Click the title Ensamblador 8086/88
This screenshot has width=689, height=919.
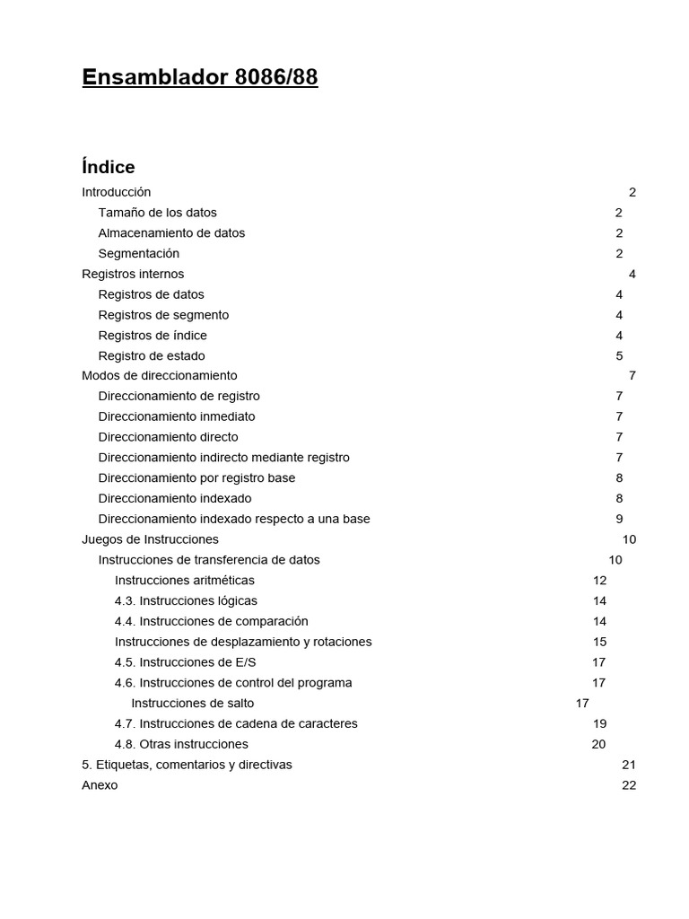coord(199,78)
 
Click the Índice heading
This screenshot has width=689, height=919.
coord(109,167)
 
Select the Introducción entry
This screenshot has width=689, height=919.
coord(117,192)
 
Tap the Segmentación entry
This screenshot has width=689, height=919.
coord(138,254)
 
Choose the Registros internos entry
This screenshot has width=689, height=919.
coord(133,274)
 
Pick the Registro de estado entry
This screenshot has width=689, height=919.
coord(151,356)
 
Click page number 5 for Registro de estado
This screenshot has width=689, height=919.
coord(619,356)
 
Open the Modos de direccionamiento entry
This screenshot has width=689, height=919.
coord(160,376)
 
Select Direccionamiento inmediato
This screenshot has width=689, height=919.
coord(177,416)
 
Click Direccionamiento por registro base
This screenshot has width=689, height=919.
coord(196,478)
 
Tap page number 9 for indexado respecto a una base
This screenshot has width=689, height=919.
coord(619,519)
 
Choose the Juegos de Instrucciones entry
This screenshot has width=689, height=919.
coord(150,539)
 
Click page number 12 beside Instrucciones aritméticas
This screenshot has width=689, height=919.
coord(599,581)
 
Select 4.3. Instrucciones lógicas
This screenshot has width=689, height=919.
coord(186,601)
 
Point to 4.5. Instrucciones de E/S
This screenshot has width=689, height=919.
coord(185,662)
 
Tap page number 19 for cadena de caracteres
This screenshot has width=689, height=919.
coord(599,724)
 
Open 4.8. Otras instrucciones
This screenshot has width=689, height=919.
coord(181,744)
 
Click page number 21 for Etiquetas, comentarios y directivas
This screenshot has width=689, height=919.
coord(628,765)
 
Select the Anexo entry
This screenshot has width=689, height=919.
coord(100,785)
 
